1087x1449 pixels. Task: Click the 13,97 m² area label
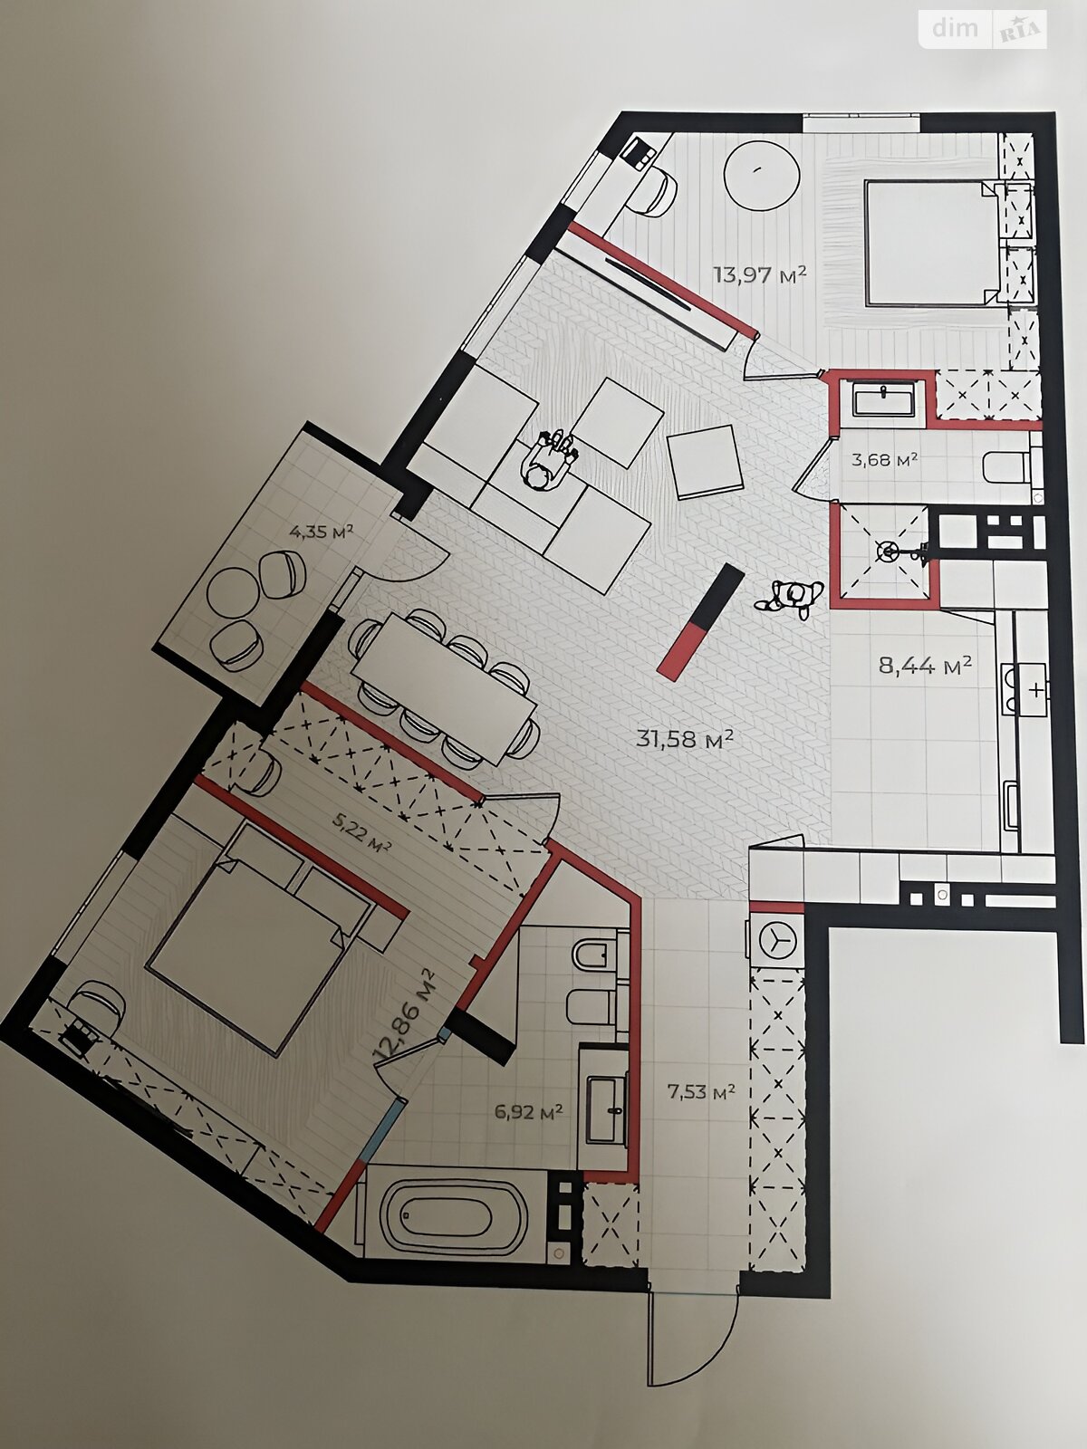pos(760,273)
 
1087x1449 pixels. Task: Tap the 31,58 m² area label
pos(685,738)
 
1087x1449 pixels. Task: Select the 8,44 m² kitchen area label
pos(925,665)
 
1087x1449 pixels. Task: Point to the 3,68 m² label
pos(884,459)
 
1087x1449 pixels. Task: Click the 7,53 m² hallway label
pos(701,1092)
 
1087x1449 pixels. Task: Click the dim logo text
pos(955,28)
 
